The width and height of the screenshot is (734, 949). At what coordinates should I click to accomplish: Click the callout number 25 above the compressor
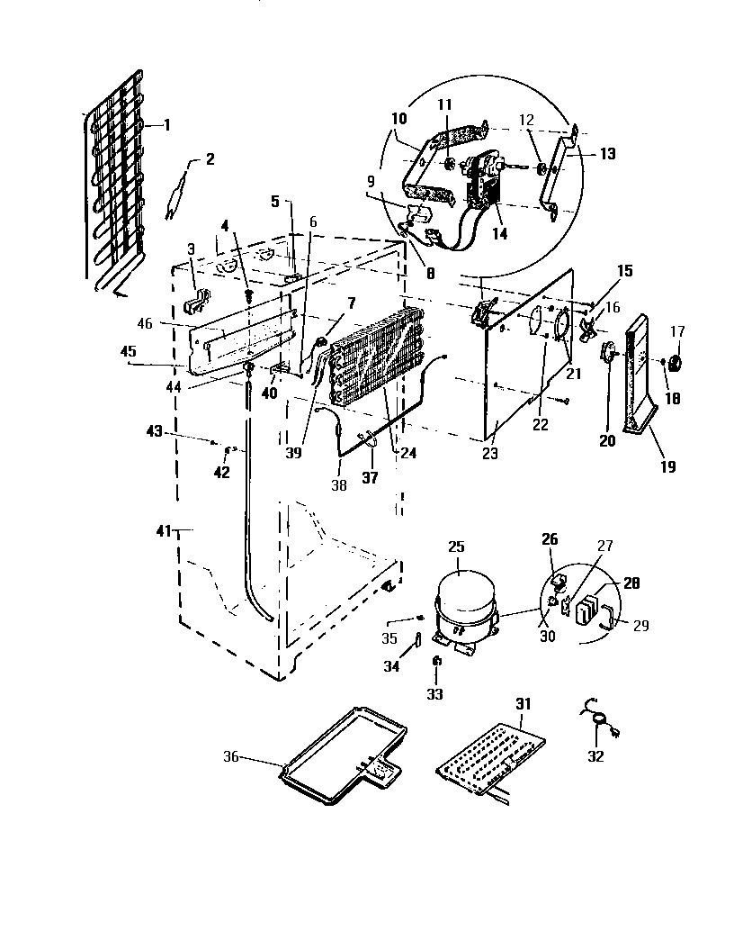(x=457, y=547)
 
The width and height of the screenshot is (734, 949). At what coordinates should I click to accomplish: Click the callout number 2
(x=210, y=159)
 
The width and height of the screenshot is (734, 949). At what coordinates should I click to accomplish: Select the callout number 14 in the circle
(x=499, y=233)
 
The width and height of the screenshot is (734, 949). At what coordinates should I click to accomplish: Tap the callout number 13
(x=607, y=154)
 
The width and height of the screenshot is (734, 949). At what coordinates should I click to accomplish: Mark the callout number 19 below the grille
(x=667, y=466)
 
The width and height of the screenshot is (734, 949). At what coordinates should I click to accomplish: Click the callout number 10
(x=398, y=119)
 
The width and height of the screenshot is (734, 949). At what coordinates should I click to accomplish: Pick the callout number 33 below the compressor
(x=434, y=694)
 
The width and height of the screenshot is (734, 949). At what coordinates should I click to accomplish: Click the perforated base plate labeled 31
(x=490, y=755)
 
